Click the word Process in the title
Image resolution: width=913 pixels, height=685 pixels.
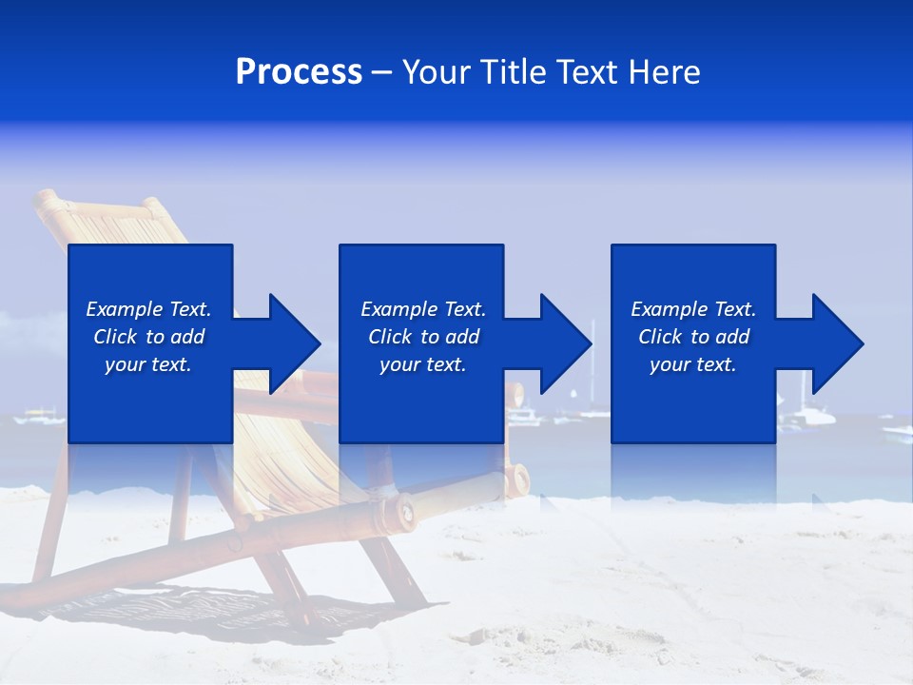[299, 72]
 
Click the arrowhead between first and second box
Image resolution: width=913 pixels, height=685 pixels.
[296, 343]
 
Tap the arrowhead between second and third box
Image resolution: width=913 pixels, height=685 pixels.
[567, 343]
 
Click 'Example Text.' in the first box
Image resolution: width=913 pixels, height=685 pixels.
[148, 309]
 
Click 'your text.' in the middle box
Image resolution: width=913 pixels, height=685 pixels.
[422, 364]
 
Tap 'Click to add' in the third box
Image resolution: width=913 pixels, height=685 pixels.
[693, 337]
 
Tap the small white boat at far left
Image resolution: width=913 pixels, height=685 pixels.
[38, 416]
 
